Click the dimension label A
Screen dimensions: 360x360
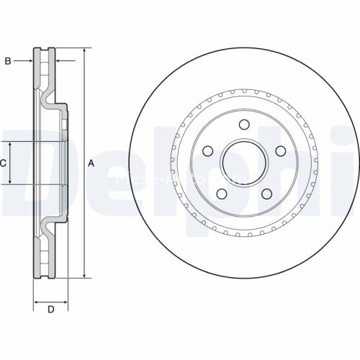pos(91,163)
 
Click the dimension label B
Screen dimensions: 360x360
pos(8,61)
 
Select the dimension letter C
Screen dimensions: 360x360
pos(4,163)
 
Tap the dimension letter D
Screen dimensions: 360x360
pos(50,310)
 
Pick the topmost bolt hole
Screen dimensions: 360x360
pos(244,125)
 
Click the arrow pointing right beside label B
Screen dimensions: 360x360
pos(29,61)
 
